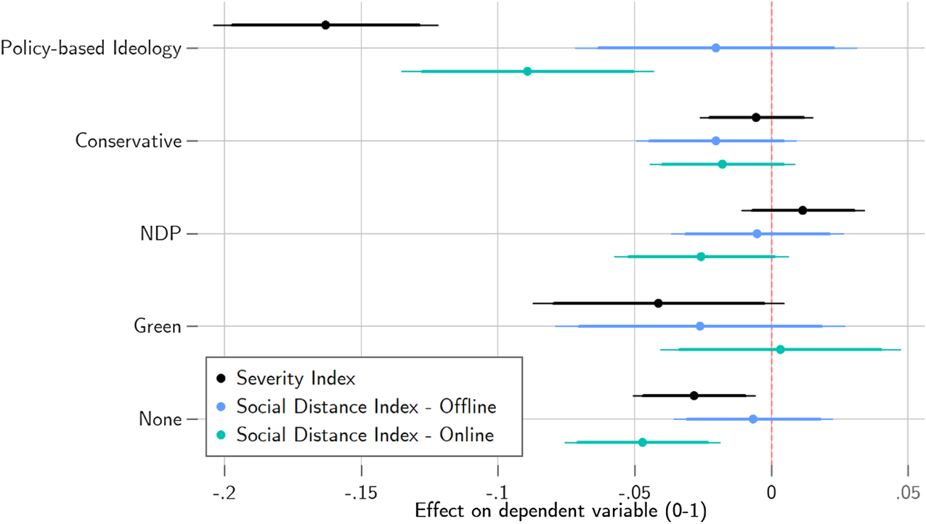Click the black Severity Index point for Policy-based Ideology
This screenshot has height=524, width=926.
(x=325, y=25)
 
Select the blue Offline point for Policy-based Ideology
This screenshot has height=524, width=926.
(x=716, y=48)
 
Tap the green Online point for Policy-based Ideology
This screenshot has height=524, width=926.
(x=527, y=71)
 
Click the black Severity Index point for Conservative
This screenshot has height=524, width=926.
(x=756, y=117)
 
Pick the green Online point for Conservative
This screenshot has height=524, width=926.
(x=722, y=164)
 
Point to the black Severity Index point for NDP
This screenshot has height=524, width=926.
(x=803, y=210)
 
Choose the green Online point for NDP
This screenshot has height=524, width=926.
(x=701, y=257)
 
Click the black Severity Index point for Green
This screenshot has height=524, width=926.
(x=658, y=303)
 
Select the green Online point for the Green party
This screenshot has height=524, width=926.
(x=780, y=350)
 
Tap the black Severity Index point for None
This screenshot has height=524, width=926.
(x=694, y=395)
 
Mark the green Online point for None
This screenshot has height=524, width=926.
(x=642, y=442)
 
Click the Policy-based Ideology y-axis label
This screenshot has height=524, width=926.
(x=91, y=49)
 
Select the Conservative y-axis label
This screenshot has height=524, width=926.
(x=128, y=141)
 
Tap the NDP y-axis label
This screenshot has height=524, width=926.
(x=161, y=234)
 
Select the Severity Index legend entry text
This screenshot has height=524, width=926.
(x=296, y=379)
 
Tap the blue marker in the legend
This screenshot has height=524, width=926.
(x=222, y=407)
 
